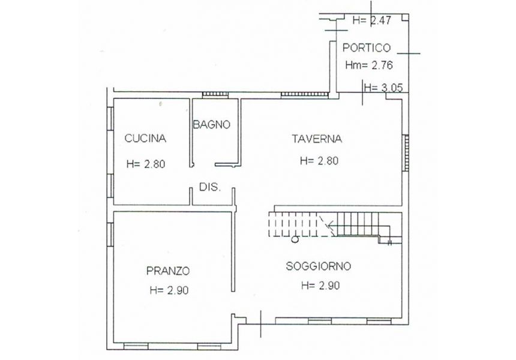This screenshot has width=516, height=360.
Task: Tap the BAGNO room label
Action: [211, 125]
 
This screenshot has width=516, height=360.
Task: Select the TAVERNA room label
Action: [317, 139]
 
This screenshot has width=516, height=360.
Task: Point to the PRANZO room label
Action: [168, 271]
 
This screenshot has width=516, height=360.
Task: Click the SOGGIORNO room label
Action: [318, 266]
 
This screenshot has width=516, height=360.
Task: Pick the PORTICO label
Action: [366, 48]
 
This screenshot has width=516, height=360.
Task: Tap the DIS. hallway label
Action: [210, 187]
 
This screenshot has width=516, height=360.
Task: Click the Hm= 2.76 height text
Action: [369, 65]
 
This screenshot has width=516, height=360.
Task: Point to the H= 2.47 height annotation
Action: [372, 20]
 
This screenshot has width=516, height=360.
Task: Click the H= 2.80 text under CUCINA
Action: [146, 164]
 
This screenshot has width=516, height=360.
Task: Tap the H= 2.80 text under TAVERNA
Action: [319, 161]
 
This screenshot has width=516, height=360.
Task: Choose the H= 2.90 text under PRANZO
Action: [169, 290]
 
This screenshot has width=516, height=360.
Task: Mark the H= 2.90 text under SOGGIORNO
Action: [320, 286]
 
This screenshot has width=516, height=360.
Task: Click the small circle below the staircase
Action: [295, 240]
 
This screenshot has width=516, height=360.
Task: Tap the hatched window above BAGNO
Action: [215, 95]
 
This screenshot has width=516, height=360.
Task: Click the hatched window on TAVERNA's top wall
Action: [305, 95]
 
